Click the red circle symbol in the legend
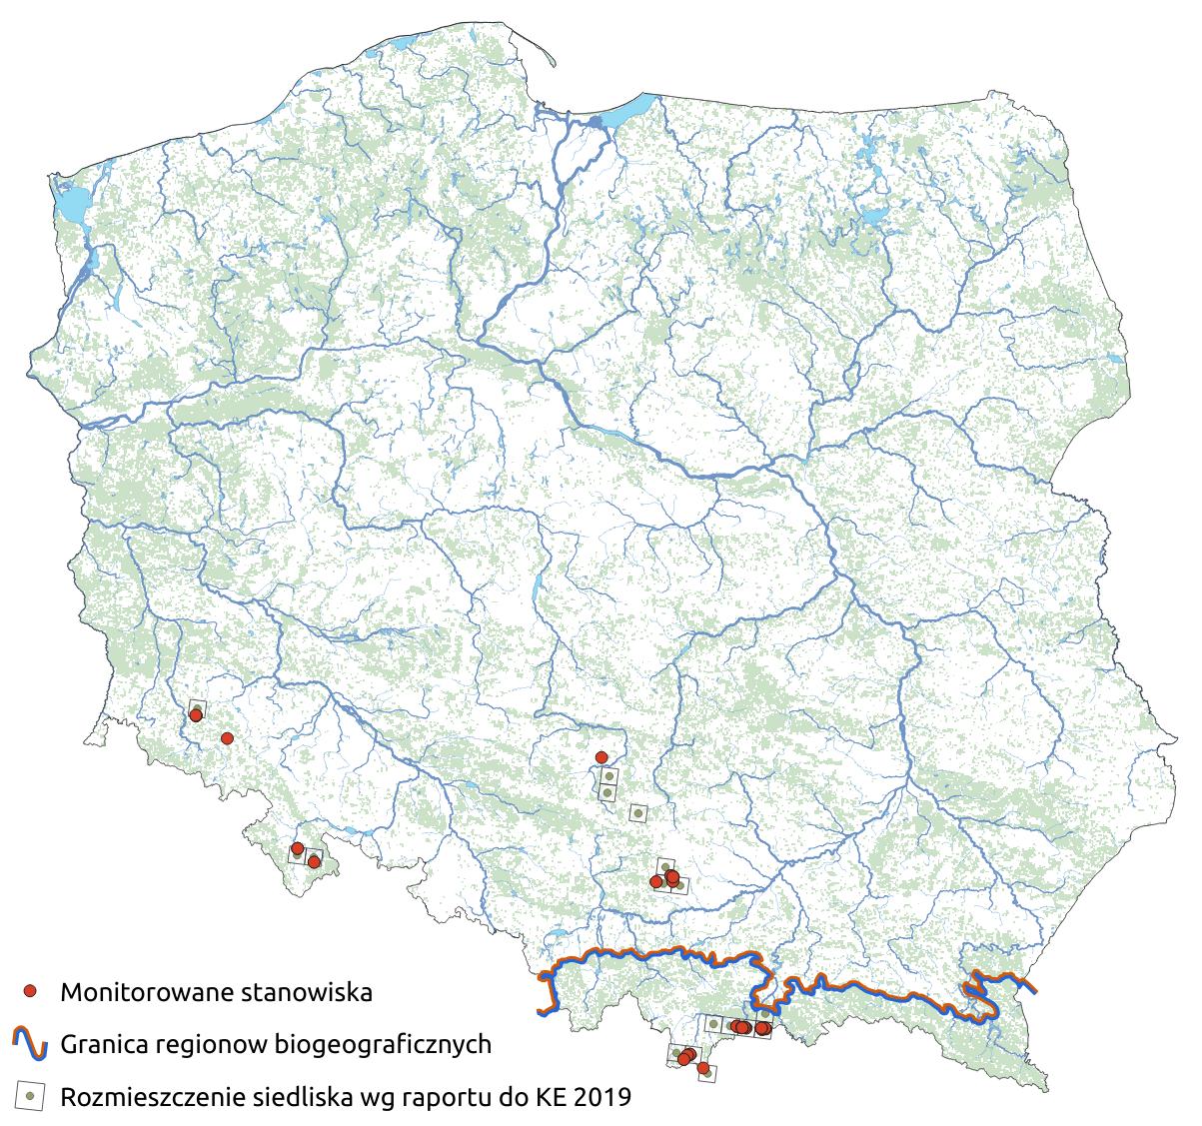[x=31, y=991]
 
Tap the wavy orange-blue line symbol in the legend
[x=31, y=1044]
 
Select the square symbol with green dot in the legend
[x=31, y=1096]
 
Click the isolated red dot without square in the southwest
[x=227, y=738]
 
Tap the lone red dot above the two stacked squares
[x=601, y=756]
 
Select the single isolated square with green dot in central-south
[x=636, y=813]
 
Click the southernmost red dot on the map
[x=703, y=1069]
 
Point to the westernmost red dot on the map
[x=196, y=714]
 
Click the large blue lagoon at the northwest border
[x=70, y=208]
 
